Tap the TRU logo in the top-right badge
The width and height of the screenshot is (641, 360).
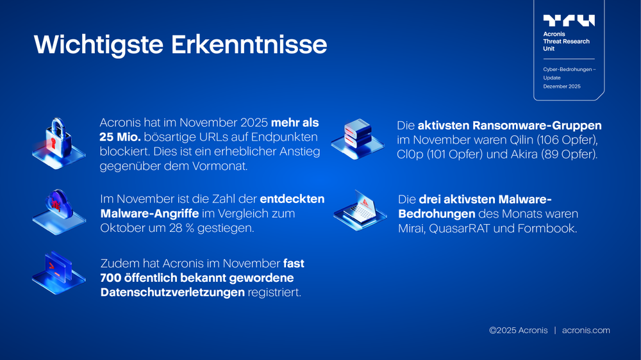[569, 20]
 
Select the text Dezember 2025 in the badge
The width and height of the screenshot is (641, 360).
[562, 86]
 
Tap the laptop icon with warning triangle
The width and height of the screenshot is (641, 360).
[360, 208]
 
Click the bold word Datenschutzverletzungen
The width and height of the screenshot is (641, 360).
[172, 293]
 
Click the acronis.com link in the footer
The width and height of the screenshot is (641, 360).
[586, 331]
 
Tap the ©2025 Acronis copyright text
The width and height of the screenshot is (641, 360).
[519, 331]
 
